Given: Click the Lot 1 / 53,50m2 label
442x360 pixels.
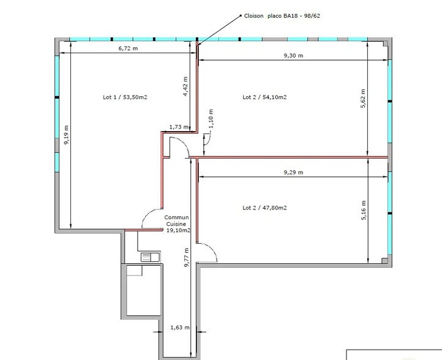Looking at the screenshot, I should click(x=125, y=97).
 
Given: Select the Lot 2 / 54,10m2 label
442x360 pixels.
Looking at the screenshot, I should click(x=264, y=97).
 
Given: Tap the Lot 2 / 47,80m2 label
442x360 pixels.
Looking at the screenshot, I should click(x=264, y=208).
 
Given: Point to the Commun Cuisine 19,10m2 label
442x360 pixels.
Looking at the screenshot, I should click(x=178, y=224).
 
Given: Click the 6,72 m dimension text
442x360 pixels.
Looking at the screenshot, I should click(x=127, y=48).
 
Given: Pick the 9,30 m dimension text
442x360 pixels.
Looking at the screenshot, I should click(x=293, y=56).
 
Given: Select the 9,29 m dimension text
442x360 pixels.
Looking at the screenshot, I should click(x=293, y=173).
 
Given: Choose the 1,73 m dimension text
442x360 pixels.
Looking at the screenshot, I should click(x=178, y=127).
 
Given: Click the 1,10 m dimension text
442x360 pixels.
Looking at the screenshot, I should click(x=210, y=118).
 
